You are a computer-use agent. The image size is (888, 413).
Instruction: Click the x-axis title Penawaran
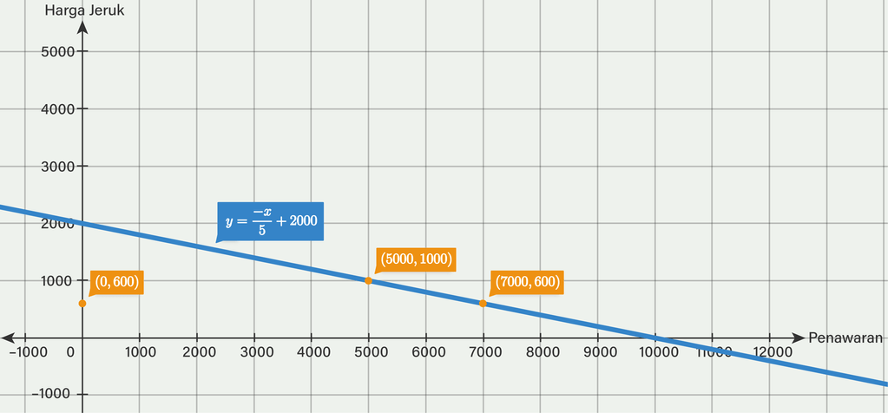845,338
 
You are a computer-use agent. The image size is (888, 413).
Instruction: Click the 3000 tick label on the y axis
58,166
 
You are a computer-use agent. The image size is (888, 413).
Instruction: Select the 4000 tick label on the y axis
58,108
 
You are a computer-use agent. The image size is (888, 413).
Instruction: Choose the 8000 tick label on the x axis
542,352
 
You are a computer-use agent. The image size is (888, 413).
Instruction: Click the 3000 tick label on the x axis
255,352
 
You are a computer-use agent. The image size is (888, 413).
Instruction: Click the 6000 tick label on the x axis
427,352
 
